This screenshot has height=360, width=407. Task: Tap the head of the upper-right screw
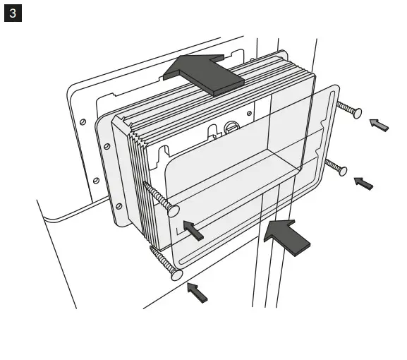(x=357, y=112)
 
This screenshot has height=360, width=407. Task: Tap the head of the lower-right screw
(x=343, y=169)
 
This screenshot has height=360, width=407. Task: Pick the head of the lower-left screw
(x=177, y=274)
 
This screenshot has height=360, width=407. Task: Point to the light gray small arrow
(x=379, y=125)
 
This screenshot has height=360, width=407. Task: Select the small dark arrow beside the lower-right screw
(x=363, y=184)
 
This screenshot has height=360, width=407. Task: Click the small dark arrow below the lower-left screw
(x=198, y=292)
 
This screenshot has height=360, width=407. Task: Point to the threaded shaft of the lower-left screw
(x=162, y=260)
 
